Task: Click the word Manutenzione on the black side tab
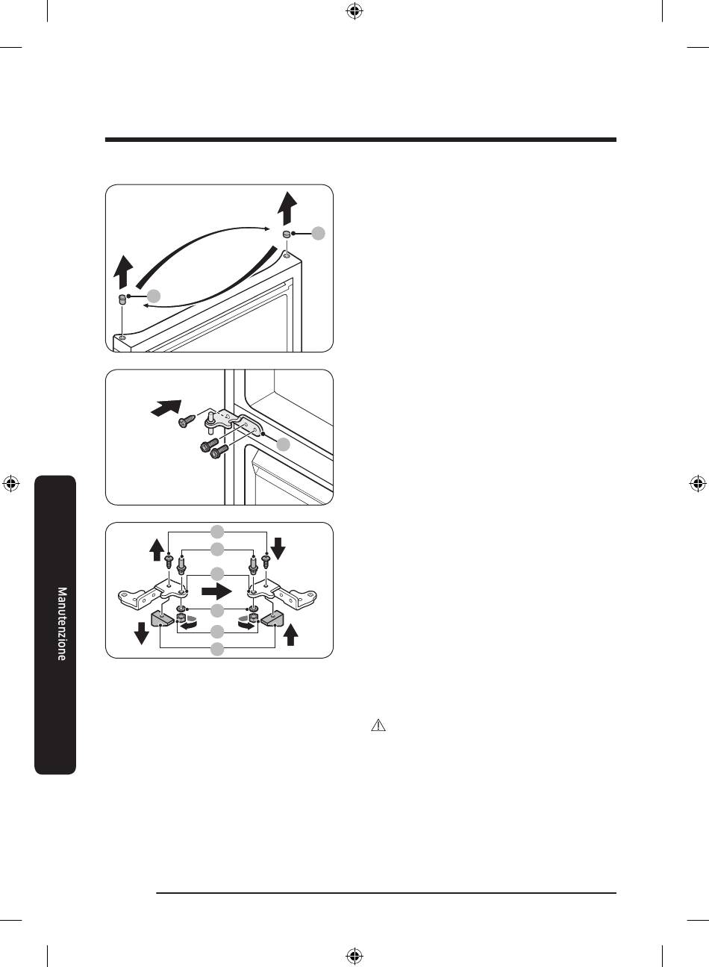pyautogui.click(x=62, y=624)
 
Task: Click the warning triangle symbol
pyautogui.click(x=378, y=725)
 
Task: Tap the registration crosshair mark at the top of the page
pyautogui.click(x=354, y=11)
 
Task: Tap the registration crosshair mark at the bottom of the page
pyautogui.click(x=354, y=955)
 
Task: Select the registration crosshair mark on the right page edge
pyautogui.click(x=697, y=484)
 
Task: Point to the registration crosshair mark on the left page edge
pyautogui.click(x=11, y=484)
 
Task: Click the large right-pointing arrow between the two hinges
pyautogui.click(x=217, y=591)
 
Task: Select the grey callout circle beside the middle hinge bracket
pyautogui.click(x=283, y=444)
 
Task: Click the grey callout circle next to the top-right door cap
pyautogui.click(x=319, y=233)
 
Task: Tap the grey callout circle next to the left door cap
pyautogui.click(x=154, y=296)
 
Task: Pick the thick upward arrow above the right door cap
pyautogui.click(x=287, y=208)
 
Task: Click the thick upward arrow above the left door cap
pyautogui.click(x=124, y=272)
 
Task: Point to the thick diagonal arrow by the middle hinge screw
pyautogui.click(x=166, y=408)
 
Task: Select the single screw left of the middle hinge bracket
pyautogui.click(x=187, y=420)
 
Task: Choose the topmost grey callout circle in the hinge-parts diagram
pyautogui.click(x=217, y=532)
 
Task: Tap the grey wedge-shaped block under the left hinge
pyautogui.click(x=162, y=620)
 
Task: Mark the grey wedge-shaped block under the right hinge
pyautogui.click(x=272, y=620)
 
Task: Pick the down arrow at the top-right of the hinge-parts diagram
pyautogui.click(x=278, y=548)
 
